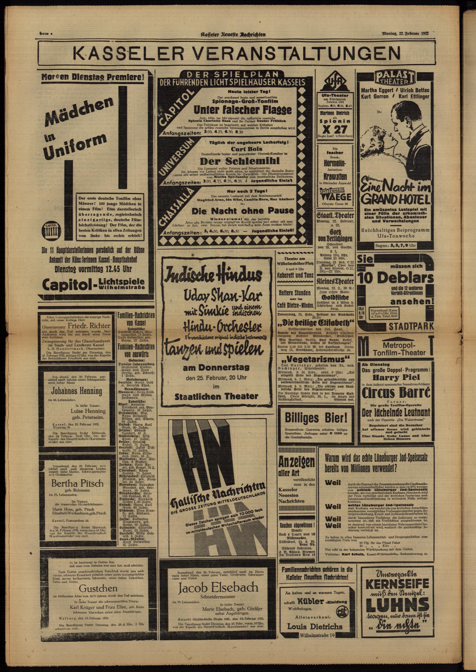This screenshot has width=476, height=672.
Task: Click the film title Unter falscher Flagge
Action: (243, 110)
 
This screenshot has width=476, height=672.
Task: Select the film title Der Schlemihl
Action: (240, 161)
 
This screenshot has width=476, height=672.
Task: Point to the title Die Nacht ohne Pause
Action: (243, 210)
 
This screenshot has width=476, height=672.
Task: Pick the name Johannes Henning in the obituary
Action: (77, 391)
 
